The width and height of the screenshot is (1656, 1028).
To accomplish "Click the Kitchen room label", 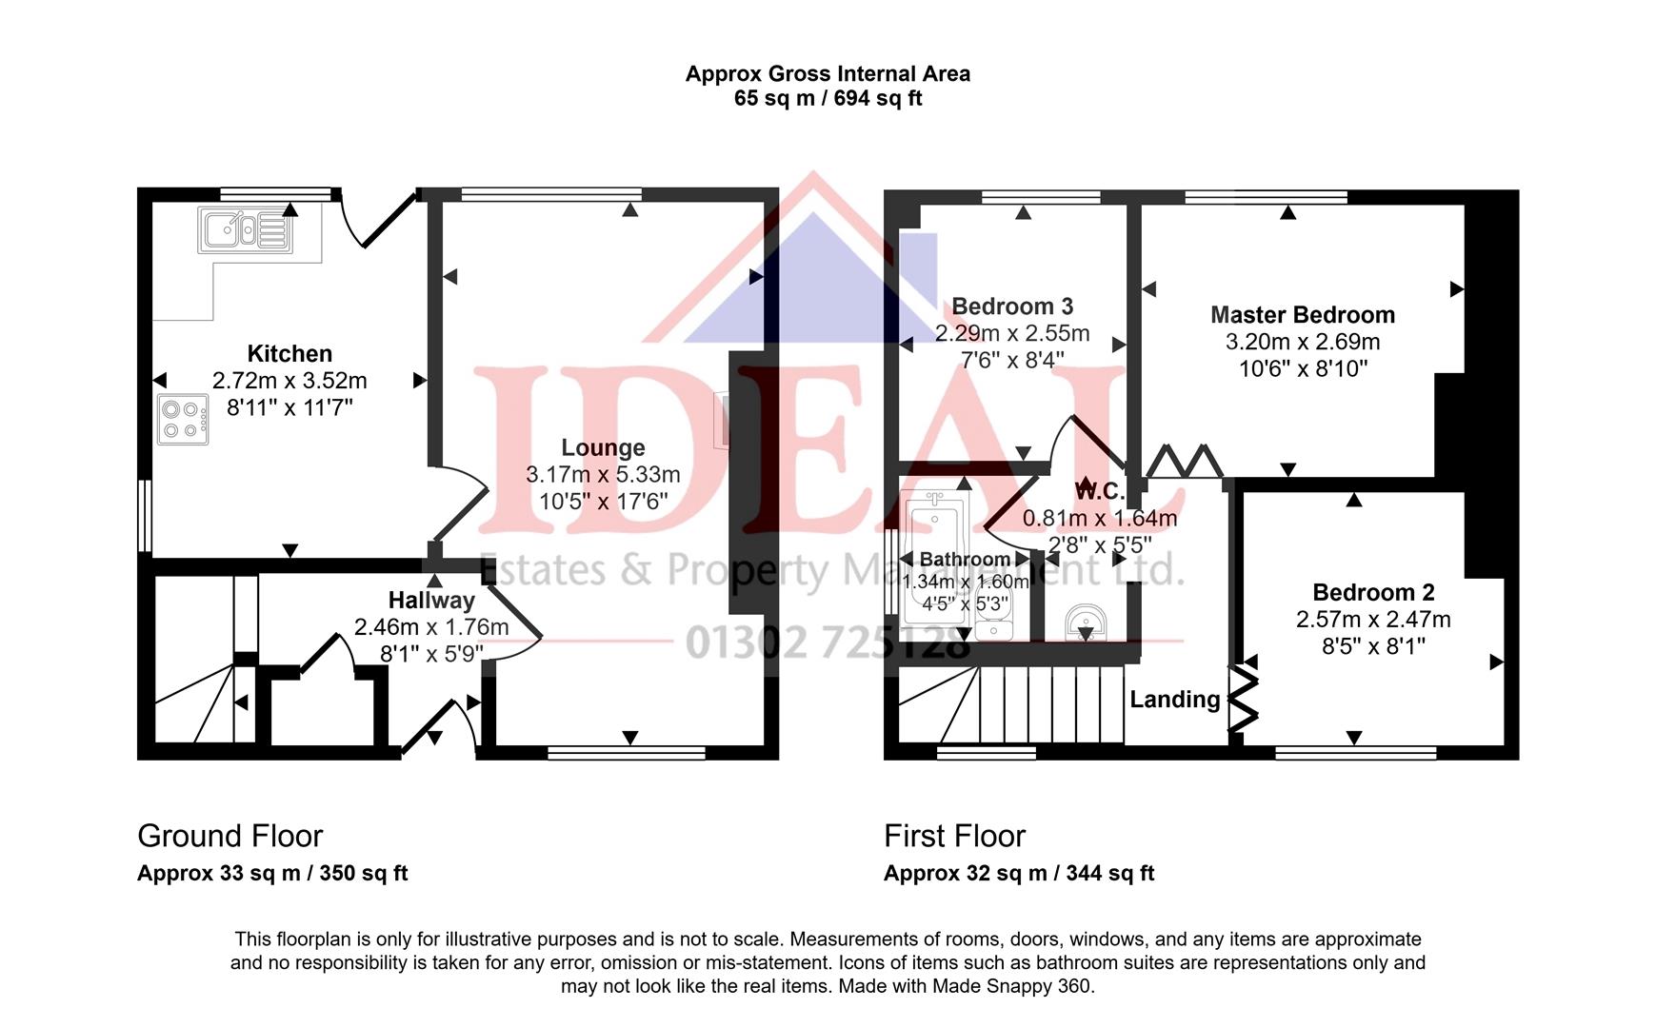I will click(289, 354).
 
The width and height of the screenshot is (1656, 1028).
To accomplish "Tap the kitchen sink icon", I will click(244, 229).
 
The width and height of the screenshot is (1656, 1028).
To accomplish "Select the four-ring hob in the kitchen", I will click(183, 420).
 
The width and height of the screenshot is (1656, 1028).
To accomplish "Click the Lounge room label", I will click(603, 447).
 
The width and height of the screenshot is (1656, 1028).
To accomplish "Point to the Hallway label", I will click(431, 601).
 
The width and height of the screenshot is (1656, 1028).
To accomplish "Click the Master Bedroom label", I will click(1302, 315).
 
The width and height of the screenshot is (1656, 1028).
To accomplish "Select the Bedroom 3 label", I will click(1012, 306).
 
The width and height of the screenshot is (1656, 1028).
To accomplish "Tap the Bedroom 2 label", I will click(1373, 593).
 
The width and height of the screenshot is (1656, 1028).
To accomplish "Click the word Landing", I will click(1174, 700).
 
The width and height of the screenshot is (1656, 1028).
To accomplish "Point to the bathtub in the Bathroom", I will click(935, 562).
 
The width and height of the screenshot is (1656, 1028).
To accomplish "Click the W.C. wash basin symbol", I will click(1085, 623).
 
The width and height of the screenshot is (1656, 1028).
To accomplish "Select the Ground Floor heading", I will click(230, 836).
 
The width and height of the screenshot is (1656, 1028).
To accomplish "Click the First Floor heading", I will click(954, 836).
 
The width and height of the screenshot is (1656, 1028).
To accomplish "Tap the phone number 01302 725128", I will click(827, 644).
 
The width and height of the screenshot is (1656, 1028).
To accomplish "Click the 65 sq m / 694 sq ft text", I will click(828, 99).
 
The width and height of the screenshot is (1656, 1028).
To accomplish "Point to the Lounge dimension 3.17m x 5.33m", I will click(603, 474).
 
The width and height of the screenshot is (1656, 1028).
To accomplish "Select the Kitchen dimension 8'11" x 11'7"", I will click(289, 407).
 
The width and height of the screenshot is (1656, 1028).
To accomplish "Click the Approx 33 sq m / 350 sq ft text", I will click(272, 873).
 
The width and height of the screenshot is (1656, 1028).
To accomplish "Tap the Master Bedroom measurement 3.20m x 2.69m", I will click(1302, 342).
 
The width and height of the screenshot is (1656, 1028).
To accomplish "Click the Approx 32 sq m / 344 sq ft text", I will click(1018, 873).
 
